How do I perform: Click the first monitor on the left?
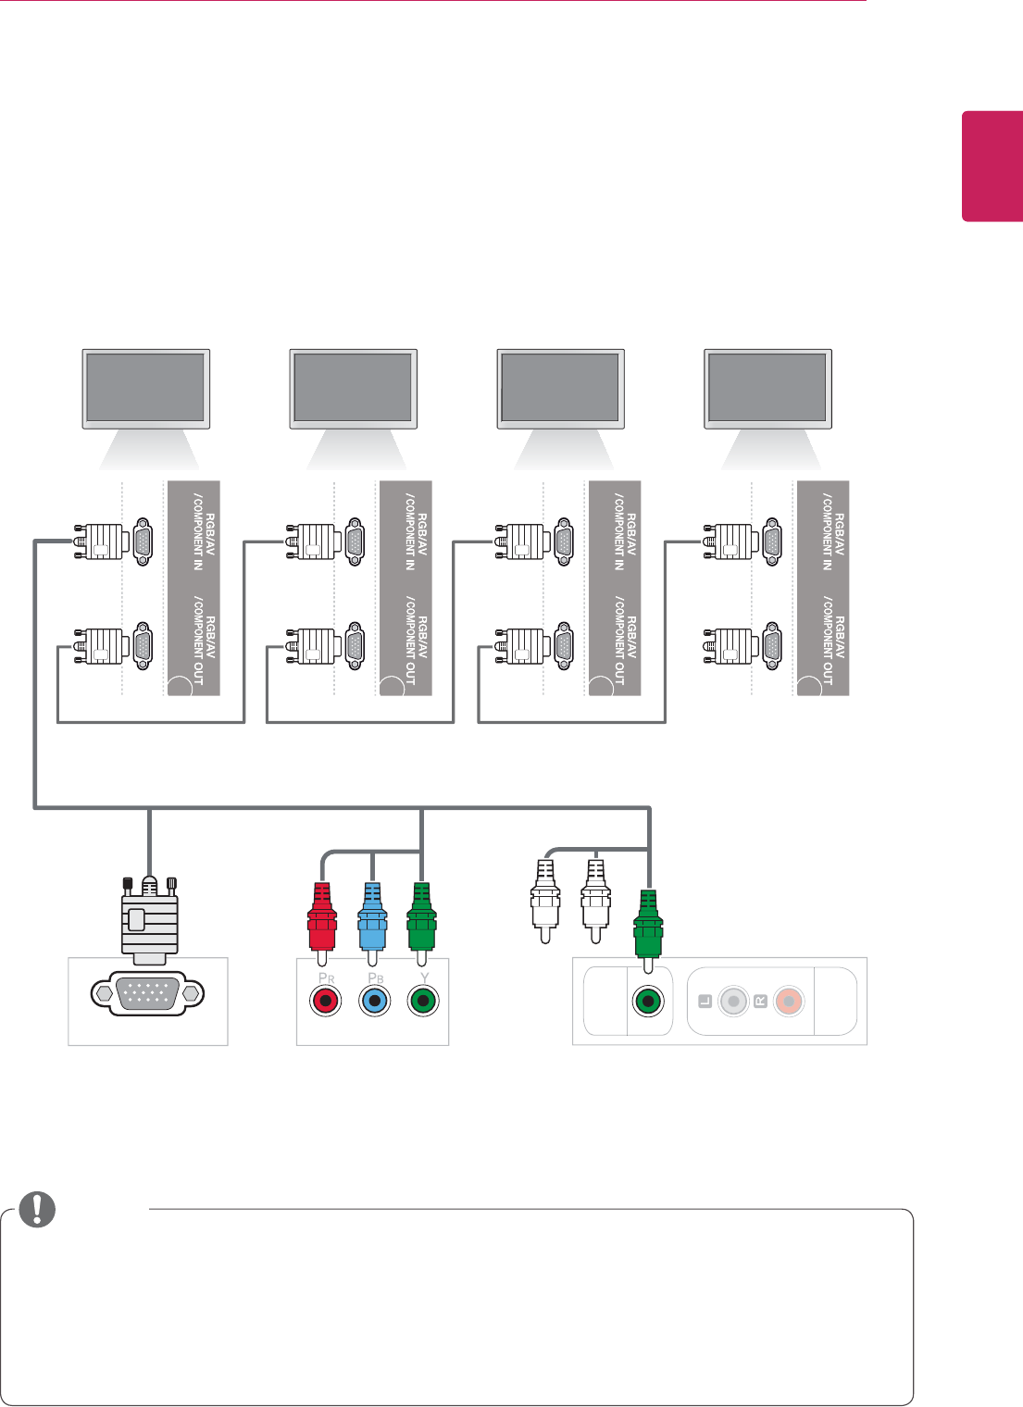(146, 388)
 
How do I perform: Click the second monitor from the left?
(354, 388)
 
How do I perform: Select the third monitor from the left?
(561, 388)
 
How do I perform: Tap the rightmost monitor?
(768, 388)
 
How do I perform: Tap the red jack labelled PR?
(325, 1001)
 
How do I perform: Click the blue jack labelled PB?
(374, 1001)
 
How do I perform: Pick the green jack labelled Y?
(423, 1001)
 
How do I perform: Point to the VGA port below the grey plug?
(148, 994)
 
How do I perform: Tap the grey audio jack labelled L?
(732, 1002)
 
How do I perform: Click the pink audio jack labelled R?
(788, 1002)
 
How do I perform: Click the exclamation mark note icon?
(37, 1209)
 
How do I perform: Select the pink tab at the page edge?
(992, 167)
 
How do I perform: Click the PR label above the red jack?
(326, 977)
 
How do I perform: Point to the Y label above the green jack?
(424, 977)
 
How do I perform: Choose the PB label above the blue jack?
(375, 977)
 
